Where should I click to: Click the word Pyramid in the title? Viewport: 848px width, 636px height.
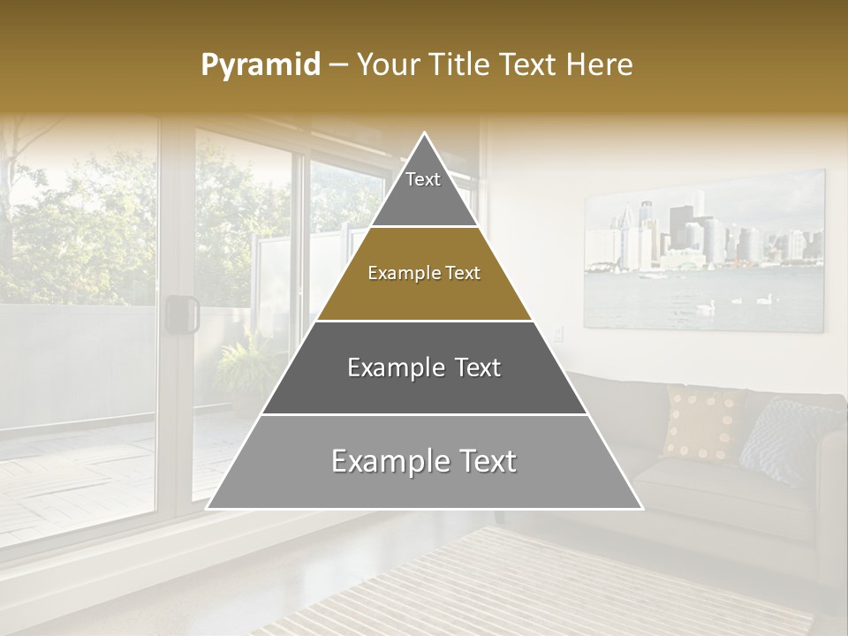tap(261, 65)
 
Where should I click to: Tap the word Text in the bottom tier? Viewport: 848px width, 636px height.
tap(481, 462)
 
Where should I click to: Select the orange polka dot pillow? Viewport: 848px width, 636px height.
tap(704, 423)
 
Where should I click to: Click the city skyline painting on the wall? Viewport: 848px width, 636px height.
tap(704, 251)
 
